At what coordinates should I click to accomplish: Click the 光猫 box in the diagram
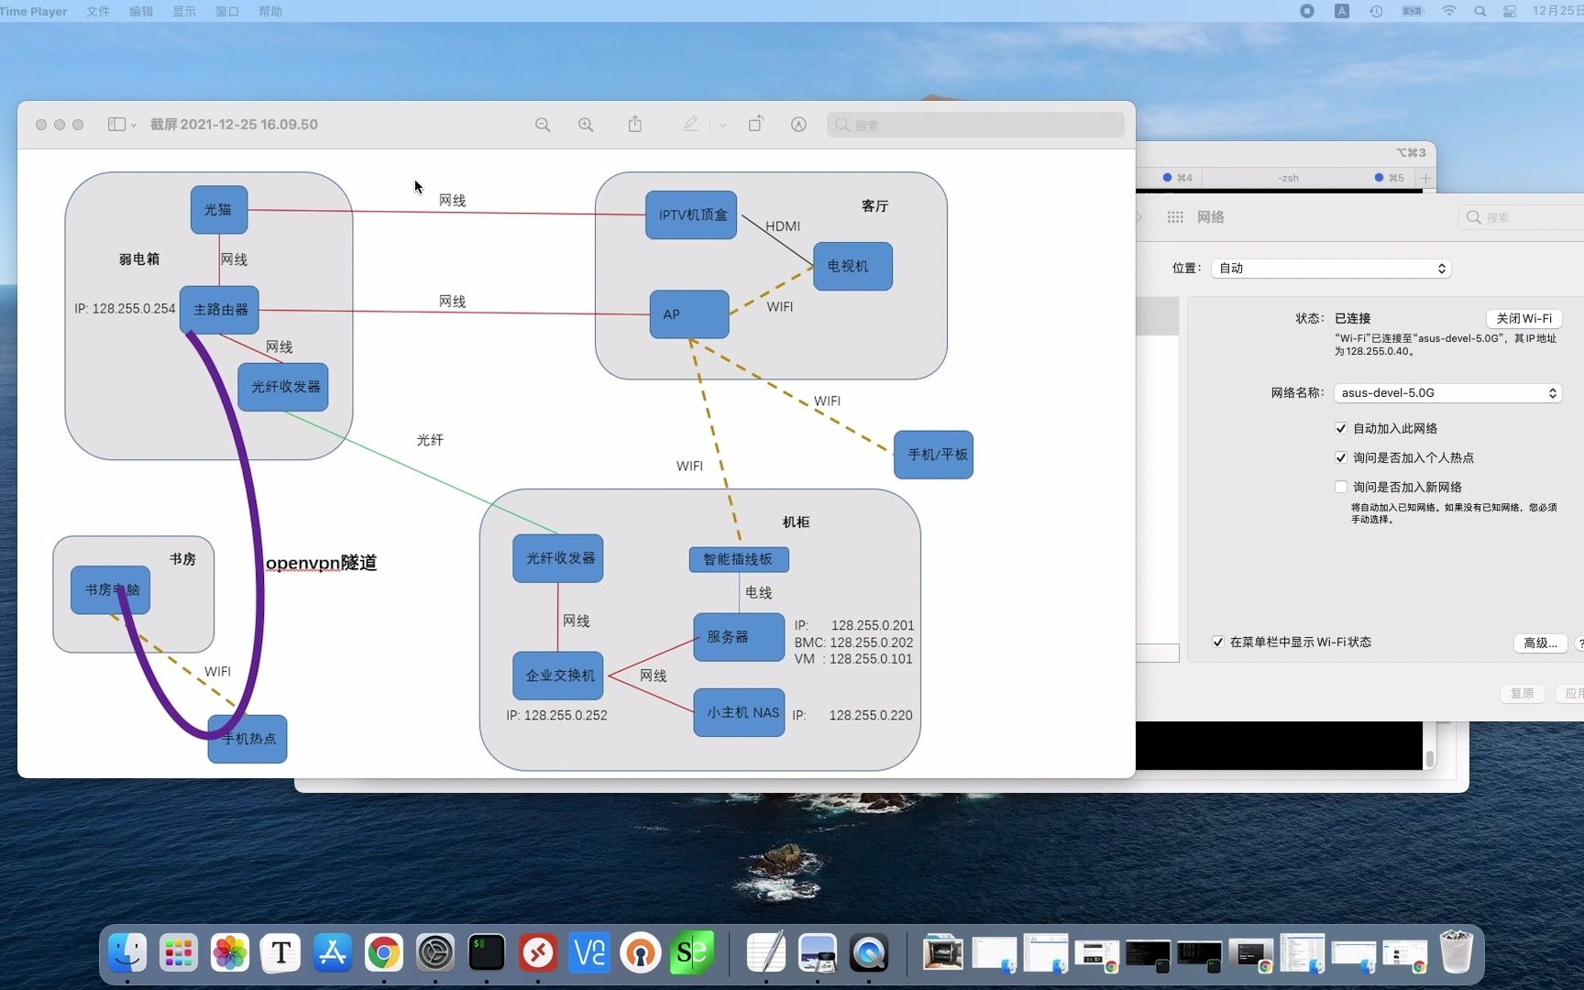(x=218, y=210)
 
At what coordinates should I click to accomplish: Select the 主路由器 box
(x=220, y=310)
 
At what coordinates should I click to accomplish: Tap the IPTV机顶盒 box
(x=691, y=215)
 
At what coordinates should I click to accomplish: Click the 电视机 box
(x=852, y=266)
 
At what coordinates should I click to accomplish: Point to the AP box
(x=688, y=314)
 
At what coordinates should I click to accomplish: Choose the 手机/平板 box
(x=933, y=455)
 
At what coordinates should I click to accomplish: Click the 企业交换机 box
(x=558, y=676)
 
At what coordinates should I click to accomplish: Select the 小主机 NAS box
(x=739, y=712)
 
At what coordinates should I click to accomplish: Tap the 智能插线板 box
(x=738, y=559)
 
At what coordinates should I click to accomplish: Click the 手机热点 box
(x=247, y=739)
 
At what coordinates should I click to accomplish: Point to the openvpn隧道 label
(x=321, y=563)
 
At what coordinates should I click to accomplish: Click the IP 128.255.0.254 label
(x=125, y=309)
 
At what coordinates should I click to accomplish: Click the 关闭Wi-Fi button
(x=1523, y=318)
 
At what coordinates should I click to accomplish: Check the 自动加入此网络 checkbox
(x=1341, y=428)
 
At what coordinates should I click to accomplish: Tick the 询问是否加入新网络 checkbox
(x=1341, y=487)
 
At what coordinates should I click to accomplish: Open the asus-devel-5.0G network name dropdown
(x=1447, y=393)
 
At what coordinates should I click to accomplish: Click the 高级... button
(x=1540, y=643)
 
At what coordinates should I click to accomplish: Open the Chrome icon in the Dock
(x=384, y=953)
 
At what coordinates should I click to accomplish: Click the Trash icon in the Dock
(x=1456, y=953)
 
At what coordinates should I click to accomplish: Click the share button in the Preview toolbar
(x=635, y=125)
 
